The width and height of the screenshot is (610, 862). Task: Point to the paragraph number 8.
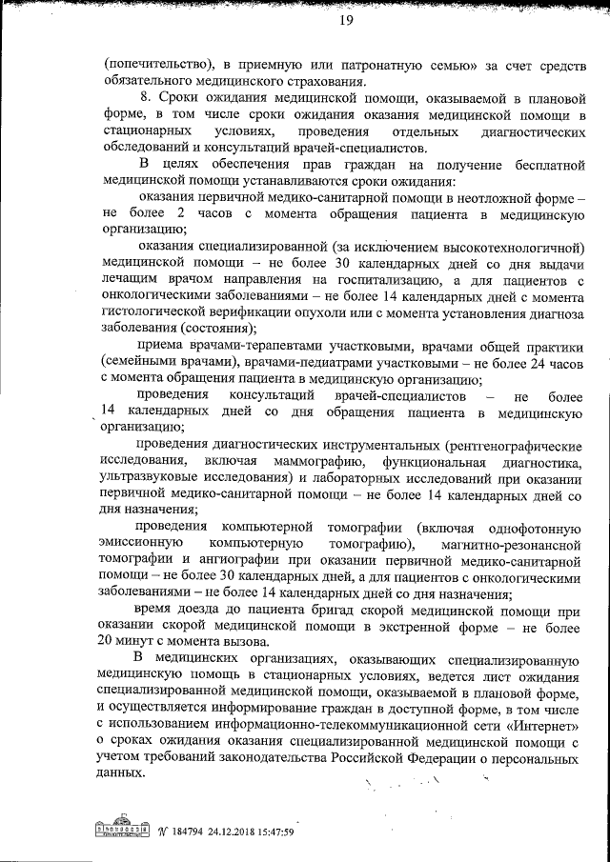[143, 99]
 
